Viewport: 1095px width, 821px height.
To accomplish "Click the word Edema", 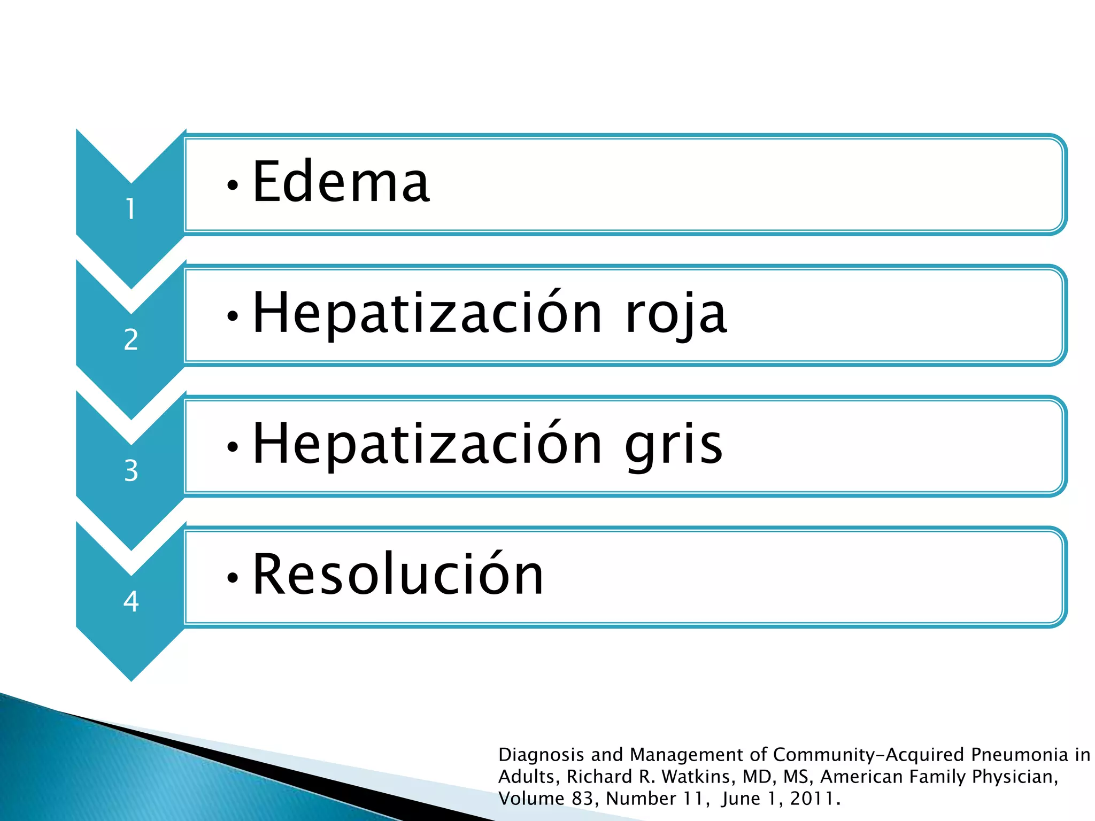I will [341, 182].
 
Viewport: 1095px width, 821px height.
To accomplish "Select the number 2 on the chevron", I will [131, 339].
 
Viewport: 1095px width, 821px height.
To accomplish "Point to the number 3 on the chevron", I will [131, 470].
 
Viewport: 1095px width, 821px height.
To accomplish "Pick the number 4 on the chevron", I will [131, 601].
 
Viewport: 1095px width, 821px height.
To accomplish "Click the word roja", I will [676, 314].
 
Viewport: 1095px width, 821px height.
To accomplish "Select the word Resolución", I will [398, 574].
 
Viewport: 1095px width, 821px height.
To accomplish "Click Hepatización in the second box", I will [427, 314].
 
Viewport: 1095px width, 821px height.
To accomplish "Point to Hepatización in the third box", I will [427, 445].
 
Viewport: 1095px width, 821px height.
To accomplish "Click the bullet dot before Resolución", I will [232, 578].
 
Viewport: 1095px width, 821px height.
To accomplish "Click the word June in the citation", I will [741, 799].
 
